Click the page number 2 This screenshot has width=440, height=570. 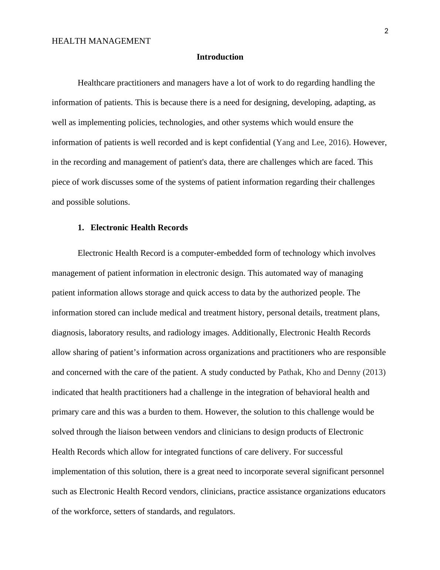386,31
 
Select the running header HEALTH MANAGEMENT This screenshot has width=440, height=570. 101,41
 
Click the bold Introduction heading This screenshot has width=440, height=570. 220,57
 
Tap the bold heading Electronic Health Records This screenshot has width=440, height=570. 139,228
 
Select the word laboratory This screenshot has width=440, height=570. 106,333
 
